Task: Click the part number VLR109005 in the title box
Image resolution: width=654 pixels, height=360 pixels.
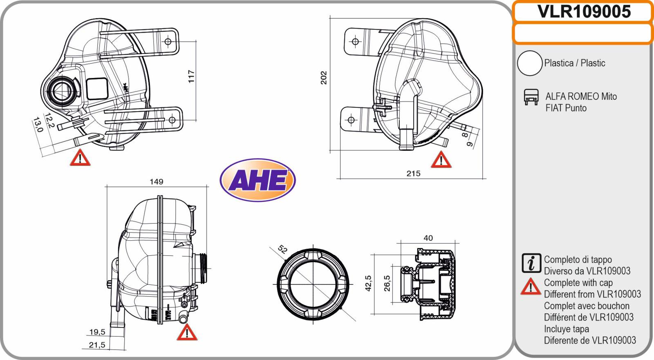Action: click(x=584, y=11)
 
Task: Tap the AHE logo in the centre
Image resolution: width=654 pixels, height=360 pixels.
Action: click(x=258, y=180)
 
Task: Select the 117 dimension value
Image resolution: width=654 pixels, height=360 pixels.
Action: click(x=191, y=76)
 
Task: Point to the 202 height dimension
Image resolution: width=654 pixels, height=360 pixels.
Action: click(x=324, y=78)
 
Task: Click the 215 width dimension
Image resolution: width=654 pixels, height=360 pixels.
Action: click(x=413, y=173)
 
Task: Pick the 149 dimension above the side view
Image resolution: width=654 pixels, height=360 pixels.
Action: click(x=157, y=181)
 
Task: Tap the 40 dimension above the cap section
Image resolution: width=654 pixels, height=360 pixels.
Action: click(x=428, y=238)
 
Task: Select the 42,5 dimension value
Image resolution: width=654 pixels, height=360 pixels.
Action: click(x=368, y=283)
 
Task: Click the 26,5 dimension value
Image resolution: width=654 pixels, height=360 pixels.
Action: click(x=387, y=283)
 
